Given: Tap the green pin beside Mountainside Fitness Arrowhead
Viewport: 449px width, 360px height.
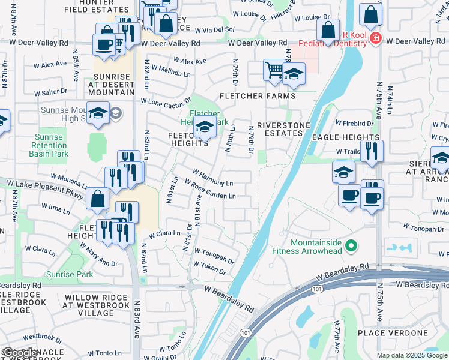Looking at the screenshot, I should coord(353,246).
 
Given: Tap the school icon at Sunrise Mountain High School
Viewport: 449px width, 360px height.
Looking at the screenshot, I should coord(98,113).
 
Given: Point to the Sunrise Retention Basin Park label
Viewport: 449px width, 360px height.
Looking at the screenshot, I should coord(49,146).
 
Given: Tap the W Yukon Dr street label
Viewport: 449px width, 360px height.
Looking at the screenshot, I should coord(209,268).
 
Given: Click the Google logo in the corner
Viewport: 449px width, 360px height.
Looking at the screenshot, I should coord(20,353).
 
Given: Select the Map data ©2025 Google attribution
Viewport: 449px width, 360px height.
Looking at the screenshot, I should coord(412,355).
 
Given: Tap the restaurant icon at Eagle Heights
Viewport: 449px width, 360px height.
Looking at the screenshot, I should coord(373,151).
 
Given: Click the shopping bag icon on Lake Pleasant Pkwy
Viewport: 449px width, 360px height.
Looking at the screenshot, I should coord(97,199).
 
